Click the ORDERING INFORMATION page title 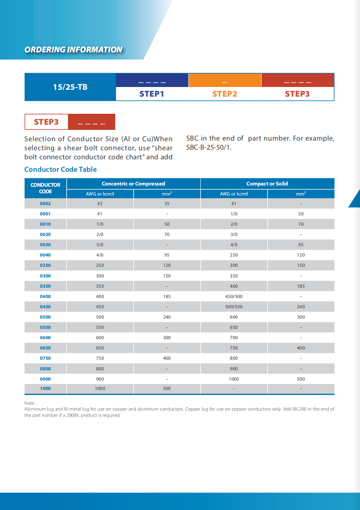(x=73, y=50)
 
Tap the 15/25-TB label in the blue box (x=70, y=87)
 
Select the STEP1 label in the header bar (x=152, y=94)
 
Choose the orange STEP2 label (x=225, y=94)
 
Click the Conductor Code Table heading (x=61, y=169)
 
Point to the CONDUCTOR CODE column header (x=46, y=188)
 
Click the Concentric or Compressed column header (x=133, y=184)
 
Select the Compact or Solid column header (x=267, y=184)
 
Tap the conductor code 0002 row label (x=45, y=204)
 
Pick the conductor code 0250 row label (x=45, y=265)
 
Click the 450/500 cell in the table (x=234, y=296)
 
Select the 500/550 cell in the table (x=234, y=307)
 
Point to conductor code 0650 (x=45, y=348)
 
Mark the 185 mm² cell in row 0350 (x=301, y=286)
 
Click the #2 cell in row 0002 (x=100, y=204)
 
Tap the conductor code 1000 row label (x=45, y=388)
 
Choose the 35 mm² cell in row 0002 (x=167, y=204)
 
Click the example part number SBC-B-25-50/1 (x=209, y=147)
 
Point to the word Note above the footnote (x=30, y=403)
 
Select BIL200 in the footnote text (x=299, y=409)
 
